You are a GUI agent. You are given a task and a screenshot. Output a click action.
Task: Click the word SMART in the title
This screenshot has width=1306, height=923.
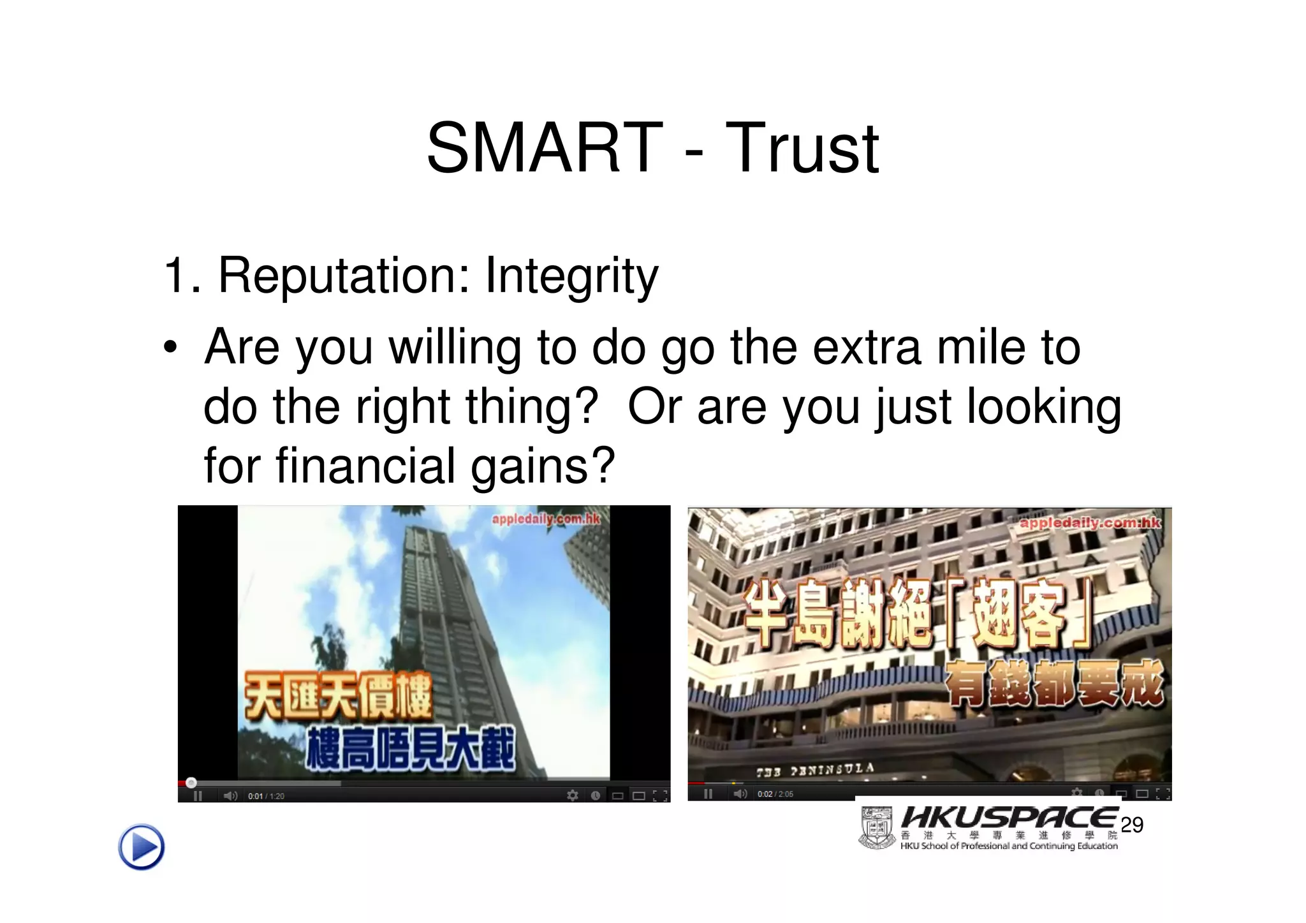pos(544,149)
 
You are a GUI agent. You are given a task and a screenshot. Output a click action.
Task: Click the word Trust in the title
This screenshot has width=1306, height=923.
pos(802,149)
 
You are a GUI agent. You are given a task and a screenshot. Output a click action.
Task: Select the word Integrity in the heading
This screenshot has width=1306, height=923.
pos(571,276)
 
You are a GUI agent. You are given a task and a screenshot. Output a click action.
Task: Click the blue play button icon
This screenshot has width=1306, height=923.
pos(141,847)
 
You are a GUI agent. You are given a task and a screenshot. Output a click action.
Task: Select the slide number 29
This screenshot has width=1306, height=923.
pos(1131,825)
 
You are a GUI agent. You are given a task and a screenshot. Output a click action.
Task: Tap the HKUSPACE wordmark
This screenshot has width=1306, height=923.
pos(1008,818)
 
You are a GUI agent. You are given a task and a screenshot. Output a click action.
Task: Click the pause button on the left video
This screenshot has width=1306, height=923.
pos(198,796)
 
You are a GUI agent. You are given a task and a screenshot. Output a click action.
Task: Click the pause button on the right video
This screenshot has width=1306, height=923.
pos(708,794)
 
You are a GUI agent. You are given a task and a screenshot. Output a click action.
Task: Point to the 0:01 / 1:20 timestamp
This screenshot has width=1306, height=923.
pos(266,796)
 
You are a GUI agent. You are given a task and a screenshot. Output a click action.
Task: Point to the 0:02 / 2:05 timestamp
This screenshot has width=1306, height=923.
pos(775,794)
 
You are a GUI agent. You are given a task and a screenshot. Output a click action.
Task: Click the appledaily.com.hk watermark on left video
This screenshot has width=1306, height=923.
pos(545,519)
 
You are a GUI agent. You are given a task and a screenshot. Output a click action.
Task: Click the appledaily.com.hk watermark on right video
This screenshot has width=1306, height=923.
pos(1089,523)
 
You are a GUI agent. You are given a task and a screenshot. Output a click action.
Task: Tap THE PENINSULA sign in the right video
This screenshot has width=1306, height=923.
pos(815,770)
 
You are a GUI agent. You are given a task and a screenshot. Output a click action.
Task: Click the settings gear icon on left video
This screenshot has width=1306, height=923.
pos(573,795)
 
